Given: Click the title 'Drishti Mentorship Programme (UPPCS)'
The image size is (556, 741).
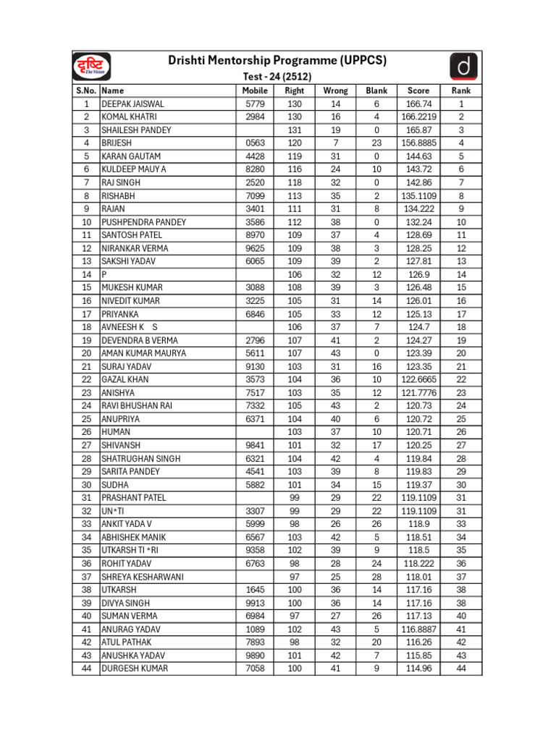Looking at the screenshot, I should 277,61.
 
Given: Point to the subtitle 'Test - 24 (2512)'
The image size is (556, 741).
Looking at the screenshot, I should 277,77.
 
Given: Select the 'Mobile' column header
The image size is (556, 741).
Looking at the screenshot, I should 255,90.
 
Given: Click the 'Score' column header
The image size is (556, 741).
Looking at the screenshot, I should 418,90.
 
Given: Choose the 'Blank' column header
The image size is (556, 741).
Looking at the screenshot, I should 376,90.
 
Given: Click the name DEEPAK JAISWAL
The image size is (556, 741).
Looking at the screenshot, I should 132,103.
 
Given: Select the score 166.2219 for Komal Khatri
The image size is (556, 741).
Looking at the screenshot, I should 418,117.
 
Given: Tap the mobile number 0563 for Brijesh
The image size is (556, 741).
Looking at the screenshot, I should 255,143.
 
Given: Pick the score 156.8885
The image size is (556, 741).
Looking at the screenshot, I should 418,143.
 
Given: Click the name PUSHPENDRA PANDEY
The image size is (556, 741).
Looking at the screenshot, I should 143,222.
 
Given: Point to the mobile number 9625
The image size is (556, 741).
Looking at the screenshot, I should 255,248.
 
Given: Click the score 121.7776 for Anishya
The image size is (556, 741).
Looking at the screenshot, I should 418,392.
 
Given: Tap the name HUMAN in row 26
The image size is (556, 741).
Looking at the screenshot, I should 116,431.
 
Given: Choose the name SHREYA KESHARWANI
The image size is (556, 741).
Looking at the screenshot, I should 143,577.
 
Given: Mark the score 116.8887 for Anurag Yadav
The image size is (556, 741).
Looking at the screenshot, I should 418,629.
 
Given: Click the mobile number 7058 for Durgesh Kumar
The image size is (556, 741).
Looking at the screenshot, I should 255,668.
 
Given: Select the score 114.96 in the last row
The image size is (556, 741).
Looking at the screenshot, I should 418,668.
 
